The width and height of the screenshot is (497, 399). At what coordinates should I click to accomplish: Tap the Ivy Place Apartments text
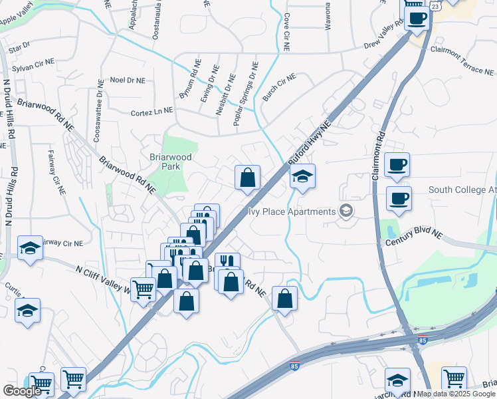coord(292,212)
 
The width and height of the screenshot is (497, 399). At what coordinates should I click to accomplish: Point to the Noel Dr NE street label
coord(128,80)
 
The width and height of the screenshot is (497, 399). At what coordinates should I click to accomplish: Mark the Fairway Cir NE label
coord(56,172)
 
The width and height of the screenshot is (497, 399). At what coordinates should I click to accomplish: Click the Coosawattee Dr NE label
coord(98,116)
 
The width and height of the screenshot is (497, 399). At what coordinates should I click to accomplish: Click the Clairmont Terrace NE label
coord(462,61)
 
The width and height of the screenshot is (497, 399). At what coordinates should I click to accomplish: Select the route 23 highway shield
coord(435,5)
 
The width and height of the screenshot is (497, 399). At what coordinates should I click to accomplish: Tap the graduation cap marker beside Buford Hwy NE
coord(302,177)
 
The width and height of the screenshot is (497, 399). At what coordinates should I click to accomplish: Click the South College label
coord(462,190)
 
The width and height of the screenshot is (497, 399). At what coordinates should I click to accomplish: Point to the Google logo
coord(22,391)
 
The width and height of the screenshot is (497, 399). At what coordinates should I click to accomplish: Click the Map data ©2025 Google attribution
coord(456,394)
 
